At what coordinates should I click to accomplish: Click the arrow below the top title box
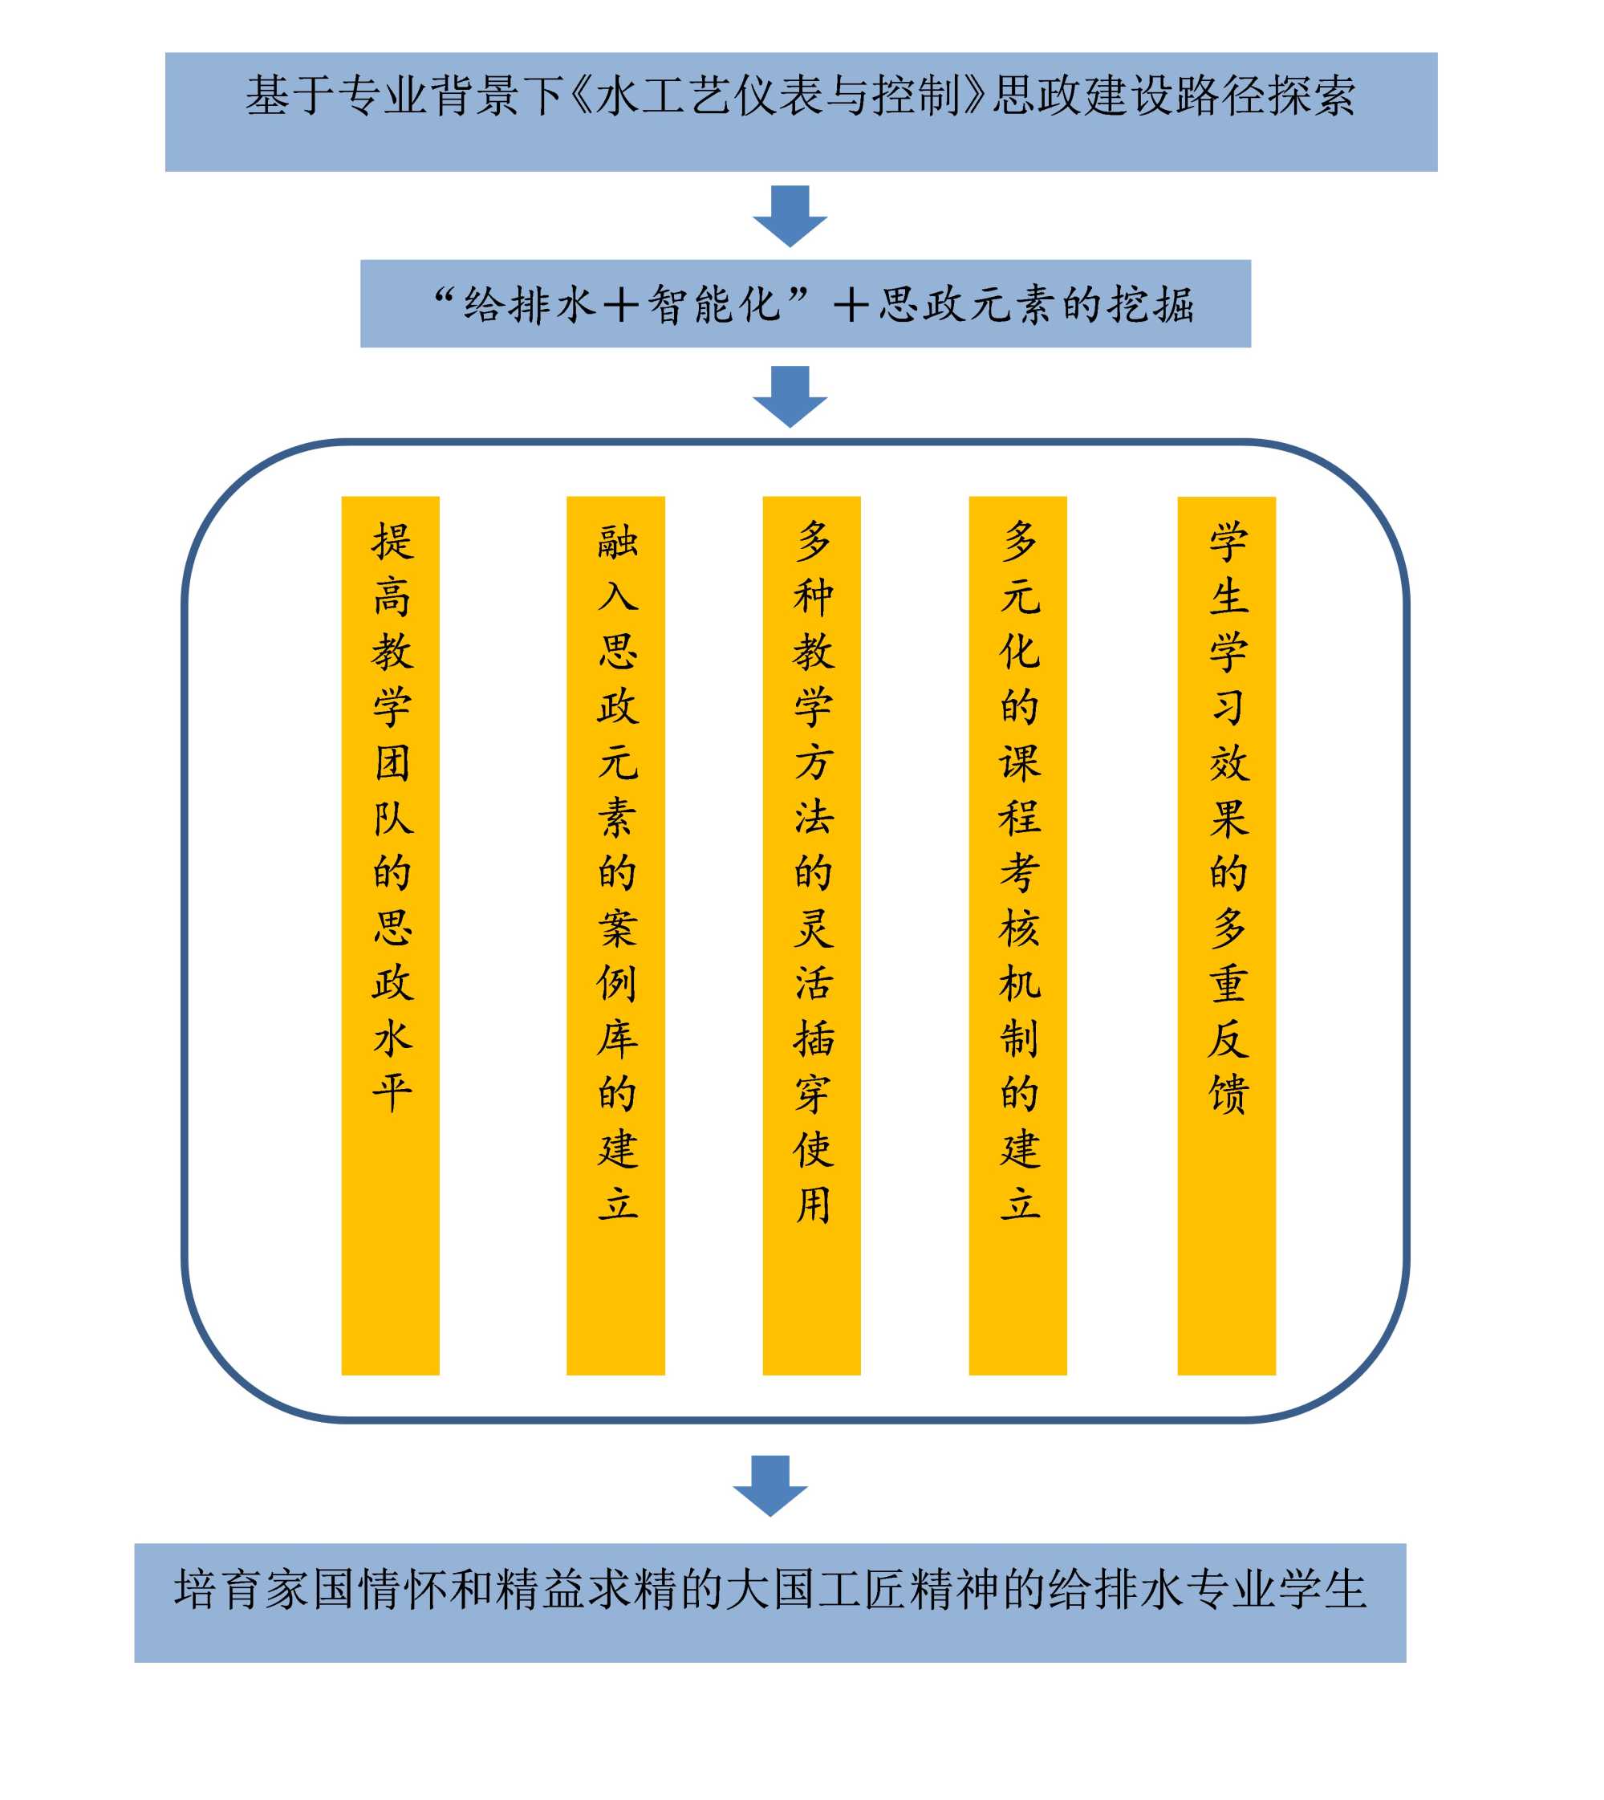coord(790,216)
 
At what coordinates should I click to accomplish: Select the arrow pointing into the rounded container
coord(790,396)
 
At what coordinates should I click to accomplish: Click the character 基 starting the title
coord(268,96)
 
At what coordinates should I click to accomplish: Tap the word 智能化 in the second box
coord(715,305)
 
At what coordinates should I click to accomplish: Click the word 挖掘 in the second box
coord(1151,305)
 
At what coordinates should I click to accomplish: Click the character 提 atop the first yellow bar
coord(392,540)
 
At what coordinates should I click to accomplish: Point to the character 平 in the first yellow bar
coord(392,1092)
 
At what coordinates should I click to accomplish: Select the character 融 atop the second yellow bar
coord(617,540)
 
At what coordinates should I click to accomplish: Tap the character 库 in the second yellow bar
coord(617,1038)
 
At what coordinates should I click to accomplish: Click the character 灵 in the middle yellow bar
coord(813,928)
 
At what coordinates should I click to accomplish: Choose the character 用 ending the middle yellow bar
coord(813,1204)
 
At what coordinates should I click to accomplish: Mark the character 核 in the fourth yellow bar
coord(1020,928)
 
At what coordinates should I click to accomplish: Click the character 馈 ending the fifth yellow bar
coord(1228,1093)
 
